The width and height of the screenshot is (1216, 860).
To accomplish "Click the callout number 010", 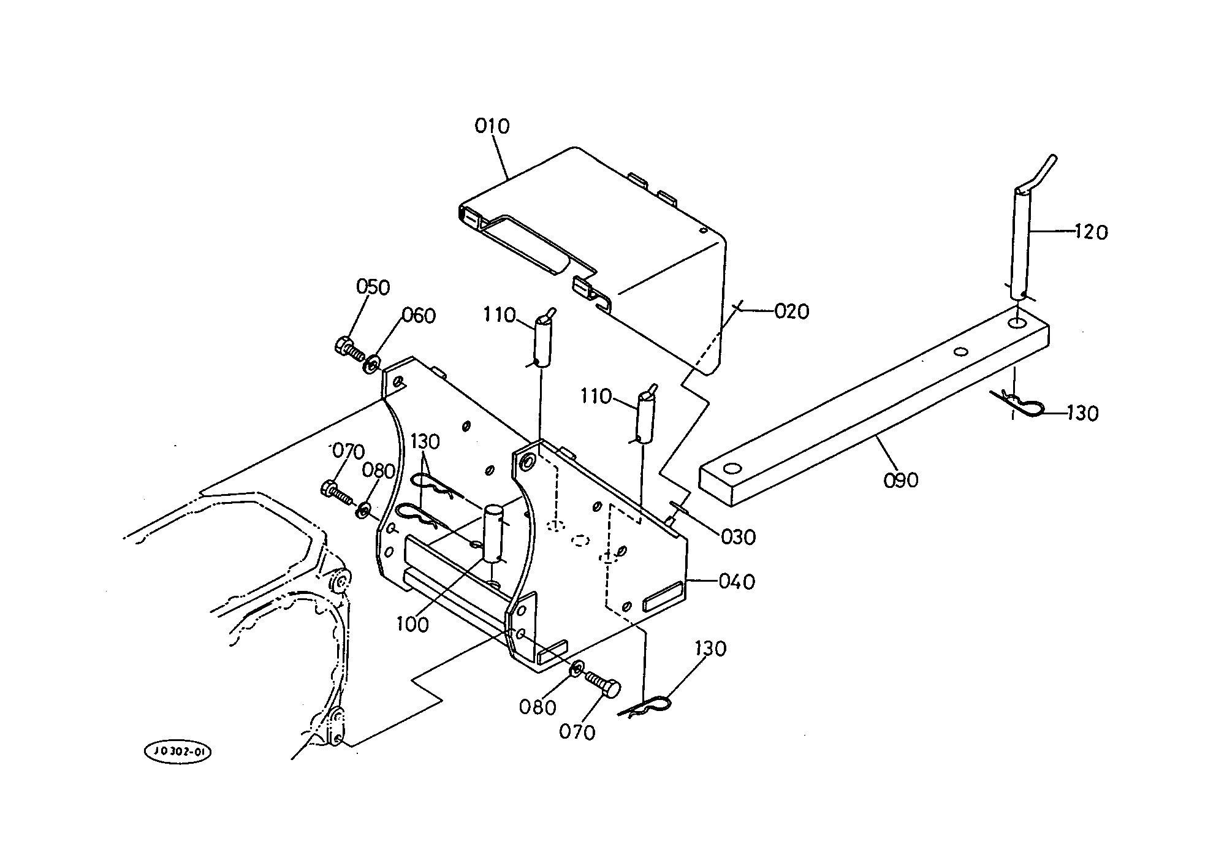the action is tap(492, 127).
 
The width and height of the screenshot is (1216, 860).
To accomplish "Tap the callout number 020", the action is tap(792, 311).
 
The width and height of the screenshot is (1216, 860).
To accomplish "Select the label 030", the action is tap(739, 537).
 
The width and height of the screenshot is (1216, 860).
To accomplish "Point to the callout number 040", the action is tap(737, 581).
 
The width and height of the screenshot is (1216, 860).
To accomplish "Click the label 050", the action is tap(373, 287).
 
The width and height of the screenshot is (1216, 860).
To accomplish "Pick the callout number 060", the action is tap(419, 316).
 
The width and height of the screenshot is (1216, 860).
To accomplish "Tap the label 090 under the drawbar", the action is tap(901, 480).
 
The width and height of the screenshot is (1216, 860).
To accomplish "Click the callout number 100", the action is tap(412, 625).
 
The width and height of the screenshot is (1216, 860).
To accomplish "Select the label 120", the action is tap(1091, 232).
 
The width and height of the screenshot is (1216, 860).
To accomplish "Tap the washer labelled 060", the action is tap(371, 364).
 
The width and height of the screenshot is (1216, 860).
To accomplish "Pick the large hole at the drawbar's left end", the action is tap(731, 470).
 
